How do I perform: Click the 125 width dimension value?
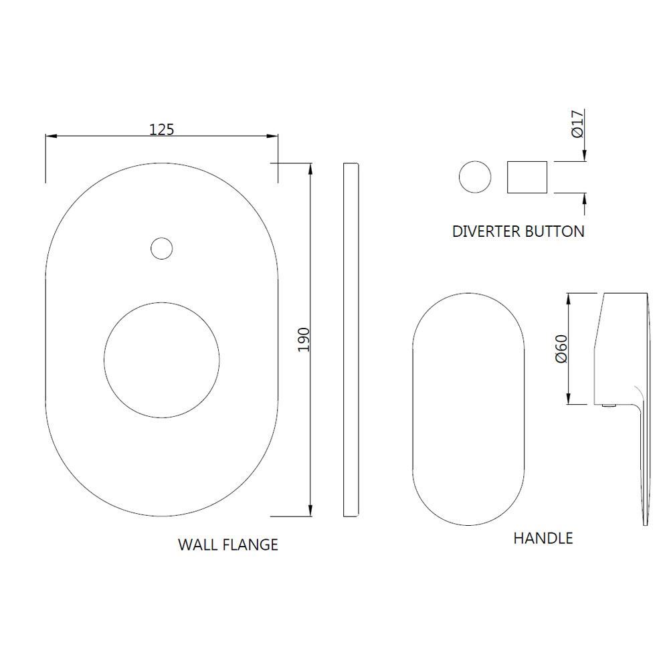162,129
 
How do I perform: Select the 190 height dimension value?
303,340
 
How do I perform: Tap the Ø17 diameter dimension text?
577,124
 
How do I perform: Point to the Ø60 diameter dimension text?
561,349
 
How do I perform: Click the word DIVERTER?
486,231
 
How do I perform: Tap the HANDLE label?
543,539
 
